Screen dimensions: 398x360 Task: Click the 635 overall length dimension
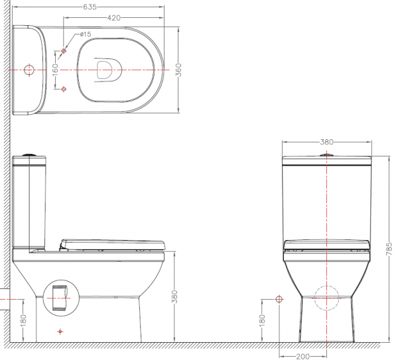tap(90, 7)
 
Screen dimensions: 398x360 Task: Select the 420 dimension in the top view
tap(113, 18)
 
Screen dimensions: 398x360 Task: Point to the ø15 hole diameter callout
tap(86, 34)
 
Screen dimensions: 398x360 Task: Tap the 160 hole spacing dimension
tap(55, 70)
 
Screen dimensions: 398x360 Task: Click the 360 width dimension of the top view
tap(178, 70)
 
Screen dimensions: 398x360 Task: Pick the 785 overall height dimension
tap(389, 249)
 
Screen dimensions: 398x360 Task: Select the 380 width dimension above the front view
tap(326, 142)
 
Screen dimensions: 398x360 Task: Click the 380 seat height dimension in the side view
tap(174, 296)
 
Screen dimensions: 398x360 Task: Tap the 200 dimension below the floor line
tap(303, 357)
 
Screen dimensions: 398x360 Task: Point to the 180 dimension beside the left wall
tap(23, 321)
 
